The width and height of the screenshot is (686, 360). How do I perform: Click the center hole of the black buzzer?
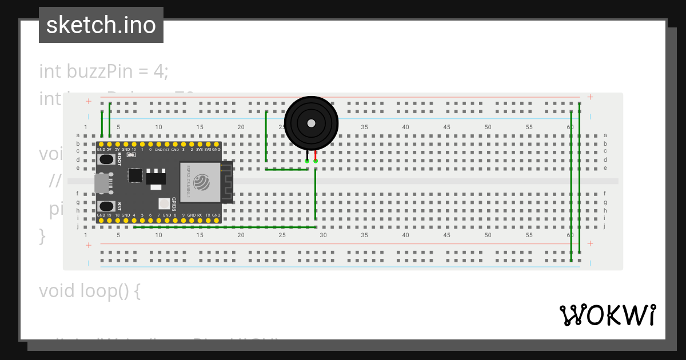(x=311, y=123)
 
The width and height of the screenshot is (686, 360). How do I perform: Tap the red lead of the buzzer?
(x=316, y=155)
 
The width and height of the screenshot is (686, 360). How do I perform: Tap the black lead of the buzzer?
(x=308, y=155)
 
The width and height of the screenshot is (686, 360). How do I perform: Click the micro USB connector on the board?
(x=101, y=183)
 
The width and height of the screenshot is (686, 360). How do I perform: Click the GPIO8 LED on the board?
(x=164, y=203)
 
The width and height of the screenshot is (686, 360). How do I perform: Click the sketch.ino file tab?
(x=101, y=25)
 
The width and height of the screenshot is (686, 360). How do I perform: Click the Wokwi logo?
(x=607, y=315)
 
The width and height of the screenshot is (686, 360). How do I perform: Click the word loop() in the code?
(x=107, y=291)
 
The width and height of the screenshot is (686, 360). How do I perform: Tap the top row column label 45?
(x=446, y=127)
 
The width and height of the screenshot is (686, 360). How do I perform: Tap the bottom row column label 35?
(x=364, y=235)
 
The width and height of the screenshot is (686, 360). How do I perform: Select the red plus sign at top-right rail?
(x=590, y=97)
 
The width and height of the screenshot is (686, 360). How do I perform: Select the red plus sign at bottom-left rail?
(x=89, y=245)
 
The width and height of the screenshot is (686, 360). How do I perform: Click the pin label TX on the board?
(x=208, y=215)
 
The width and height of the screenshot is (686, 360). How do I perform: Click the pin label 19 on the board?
(x=109, y=215)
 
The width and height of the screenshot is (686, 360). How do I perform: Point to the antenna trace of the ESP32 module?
(x=227, y=182)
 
